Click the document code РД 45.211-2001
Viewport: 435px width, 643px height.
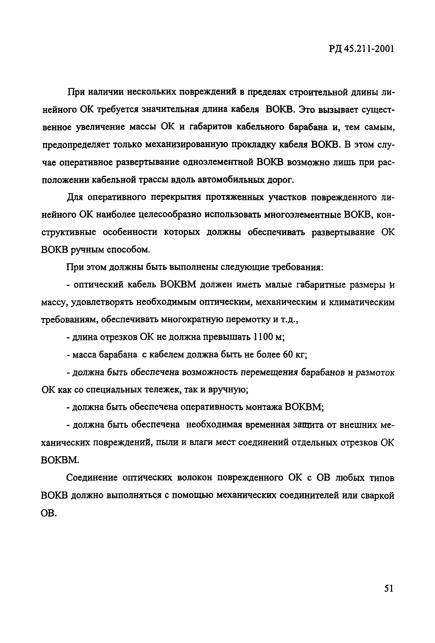coord(361,49)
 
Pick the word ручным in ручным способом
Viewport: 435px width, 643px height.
coord(87,250)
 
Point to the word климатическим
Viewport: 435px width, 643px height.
coord(361,302)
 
